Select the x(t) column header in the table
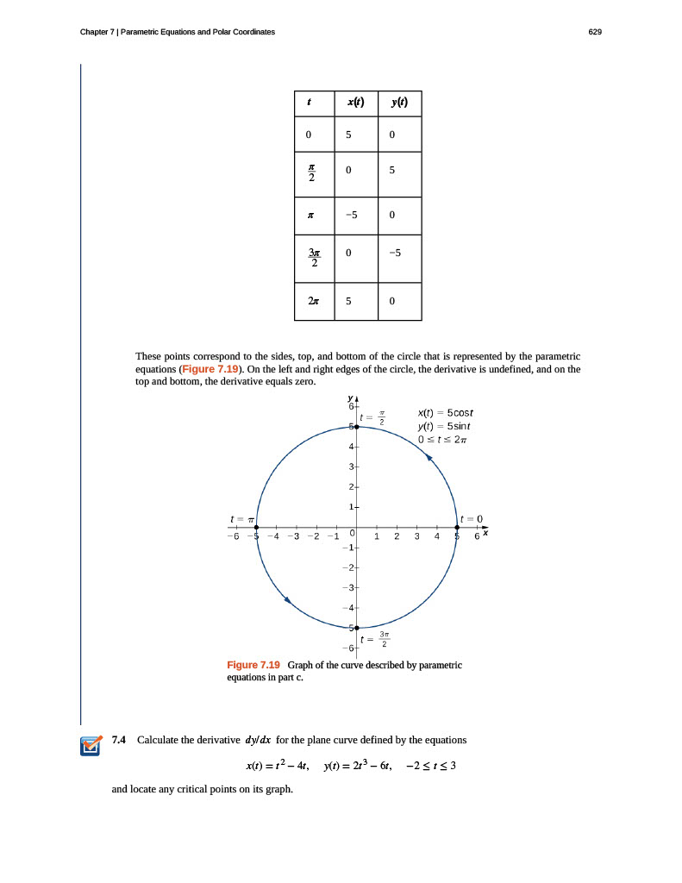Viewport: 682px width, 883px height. tap(356, 103)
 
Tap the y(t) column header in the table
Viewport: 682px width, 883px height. tap(398, 103)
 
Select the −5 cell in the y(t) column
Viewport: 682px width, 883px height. tap(395, 254)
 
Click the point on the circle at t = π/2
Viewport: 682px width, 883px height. tap(356, 427)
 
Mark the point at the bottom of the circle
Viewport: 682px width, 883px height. tap(356, 628)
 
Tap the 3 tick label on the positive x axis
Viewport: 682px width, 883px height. tap(416, 537)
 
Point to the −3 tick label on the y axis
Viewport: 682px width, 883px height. tap(346, 587)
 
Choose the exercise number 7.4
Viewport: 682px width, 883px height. tap(120, 740)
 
